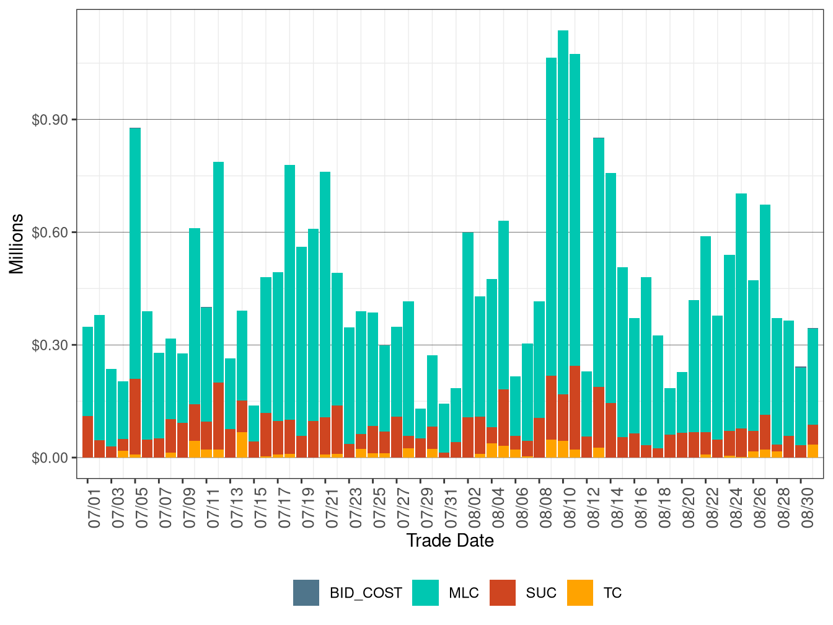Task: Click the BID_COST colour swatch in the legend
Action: coord(306,593)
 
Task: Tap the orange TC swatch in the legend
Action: coord(580,593)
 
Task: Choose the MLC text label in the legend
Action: coord(464,593)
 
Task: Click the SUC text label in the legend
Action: coord(541,593)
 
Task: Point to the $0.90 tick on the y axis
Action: coord(50,120)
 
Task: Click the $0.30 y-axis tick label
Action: coord(50,345)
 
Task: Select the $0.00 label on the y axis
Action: coord(50,458)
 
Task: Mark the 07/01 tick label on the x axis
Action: coord(94,508)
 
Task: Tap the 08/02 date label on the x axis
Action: coord(475,508)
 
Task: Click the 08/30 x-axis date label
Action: coord(808,508)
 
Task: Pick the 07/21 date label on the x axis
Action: coord(332,508)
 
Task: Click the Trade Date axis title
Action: coord(450,541)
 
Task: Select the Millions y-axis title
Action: coord(17,244)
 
